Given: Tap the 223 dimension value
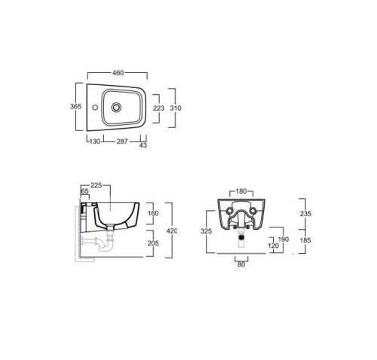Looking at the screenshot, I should tap(158, 108).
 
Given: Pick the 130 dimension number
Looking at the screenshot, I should tap(95, 141).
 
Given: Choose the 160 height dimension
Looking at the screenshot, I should tap(153, 212).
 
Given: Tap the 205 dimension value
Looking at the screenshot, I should tap(153, 243).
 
